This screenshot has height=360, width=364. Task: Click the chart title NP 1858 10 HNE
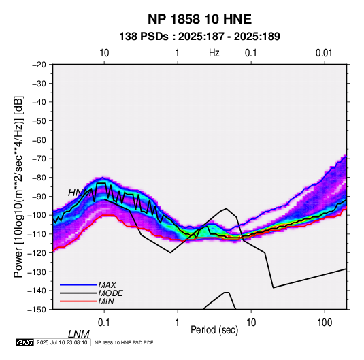(x=199, y=19)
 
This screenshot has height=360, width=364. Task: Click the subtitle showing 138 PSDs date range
(x=199, y=37)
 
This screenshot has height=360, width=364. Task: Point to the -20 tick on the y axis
(x=39, y=65)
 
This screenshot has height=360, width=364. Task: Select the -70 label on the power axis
(x=39, y=159)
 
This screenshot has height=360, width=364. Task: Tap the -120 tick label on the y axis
(x=37, y=252)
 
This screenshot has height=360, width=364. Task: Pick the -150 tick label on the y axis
(x=37, y=310)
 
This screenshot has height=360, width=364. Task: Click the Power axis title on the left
(x=18, y=186)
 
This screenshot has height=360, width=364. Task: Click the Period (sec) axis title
(x=214, y=330)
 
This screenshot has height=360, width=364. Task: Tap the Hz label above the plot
(x=214, y=53)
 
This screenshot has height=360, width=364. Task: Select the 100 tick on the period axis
(x=325, y=323)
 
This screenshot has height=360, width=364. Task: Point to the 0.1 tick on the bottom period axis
(x=104, y=323)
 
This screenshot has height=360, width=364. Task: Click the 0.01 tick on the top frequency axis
(x=324, y=53)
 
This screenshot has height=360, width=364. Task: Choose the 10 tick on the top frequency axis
(x=104, y=53)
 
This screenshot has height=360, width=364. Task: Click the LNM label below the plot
(x=78, y=334)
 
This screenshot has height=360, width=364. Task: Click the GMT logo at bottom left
(x=24, y=342)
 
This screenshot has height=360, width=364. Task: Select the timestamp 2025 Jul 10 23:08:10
(x=62, y=342)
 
